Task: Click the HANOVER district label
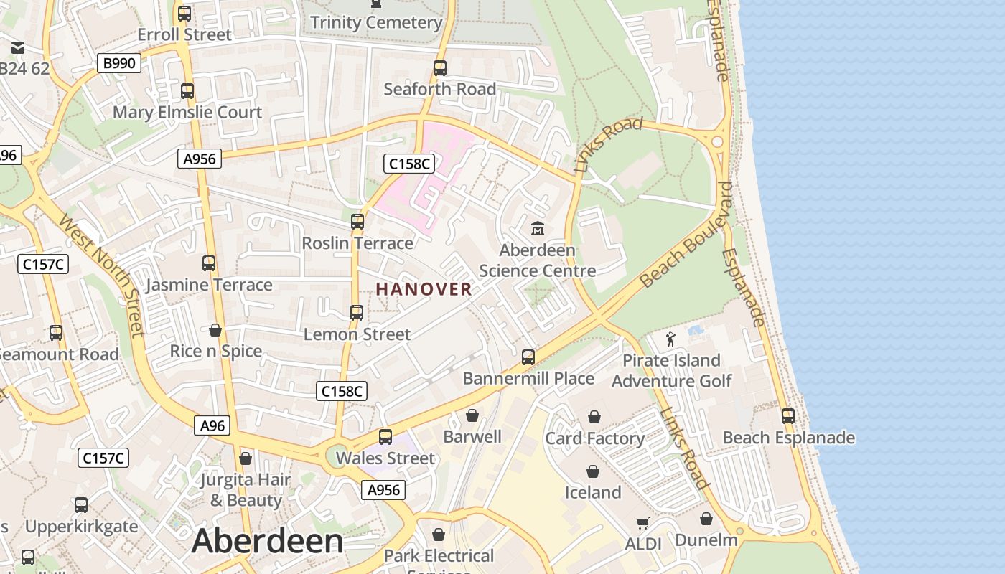pos(424,289)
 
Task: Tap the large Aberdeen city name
pos(267,541)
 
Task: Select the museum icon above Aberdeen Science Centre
pos(537,229)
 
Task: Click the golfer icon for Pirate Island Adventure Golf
pos(670,339)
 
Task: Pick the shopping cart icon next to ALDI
pos(642,524)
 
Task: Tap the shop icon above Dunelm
pos(706,519)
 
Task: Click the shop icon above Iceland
pos(593,471)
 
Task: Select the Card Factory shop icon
pos(594,417)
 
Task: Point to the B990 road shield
pos(119,63)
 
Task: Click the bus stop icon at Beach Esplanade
pos(788,415)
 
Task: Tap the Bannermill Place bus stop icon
pos(528,357)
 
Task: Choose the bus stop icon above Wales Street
pos(385,436)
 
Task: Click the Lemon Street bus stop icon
pos(357,313)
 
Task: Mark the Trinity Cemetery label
pos(376,22)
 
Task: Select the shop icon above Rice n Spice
pos(215,330)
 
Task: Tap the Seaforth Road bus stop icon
pos(440,68)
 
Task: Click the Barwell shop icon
pos(472,415)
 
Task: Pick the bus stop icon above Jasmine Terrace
pos(209,263)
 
